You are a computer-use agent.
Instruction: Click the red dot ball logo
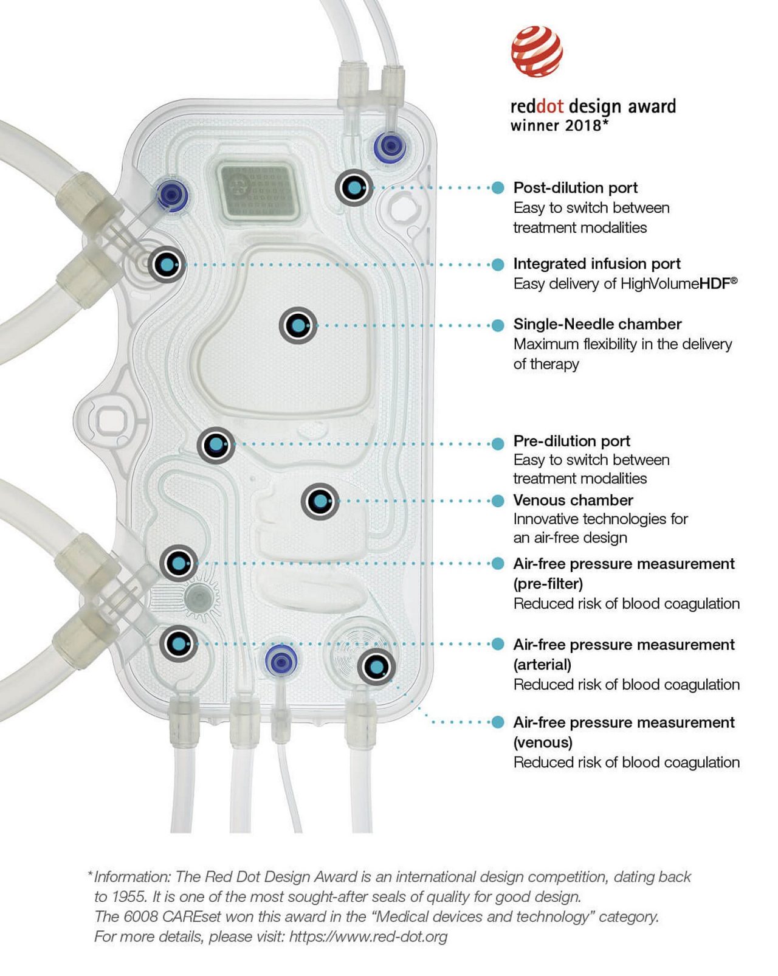pyautogui.click(x=536, y=51)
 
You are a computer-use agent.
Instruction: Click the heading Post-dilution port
pyautogui.click(x=575, y=187)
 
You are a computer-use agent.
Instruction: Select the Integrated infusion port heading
pyautogui.click(x=596, y=263)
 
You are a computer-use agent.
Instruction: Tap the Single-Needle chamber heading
pyautogui.click(x=597, y=324)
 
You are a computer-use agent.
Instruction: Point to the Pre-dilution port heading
pyautogui.click(x=571, y=440)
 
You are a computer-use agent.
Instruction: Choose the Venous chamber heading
pyautogui.click(x=573, y=500)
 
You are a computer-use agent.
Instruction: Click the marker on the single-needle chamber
pyautogui.click(x=298, y=325)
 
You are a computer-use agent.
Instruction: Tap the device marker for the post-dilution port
pyautogui.click(x=354, y=188)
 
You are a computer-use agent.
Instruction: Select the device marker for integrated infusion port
pyautogui.click(x=166, y=265)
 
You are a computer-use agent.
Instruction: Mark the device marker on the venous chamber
pyautogui.click(x=320, y=502)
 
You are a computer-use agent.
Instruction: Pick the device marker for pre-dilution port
pyautogui.click(x=216, y=445)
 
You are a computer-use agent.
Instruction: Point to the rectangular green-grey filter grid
pyautogui.click(x=258, y=190)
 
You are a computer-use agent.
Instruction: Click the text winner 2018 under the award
pyautogui.click(x=559, y=125)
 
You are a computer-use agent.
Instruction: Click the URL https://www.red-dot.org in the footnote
pyautogui.click(x=368, y=936)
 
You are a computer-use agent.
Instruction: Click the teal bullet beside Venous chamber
pyautogui.click(x=498, y=500)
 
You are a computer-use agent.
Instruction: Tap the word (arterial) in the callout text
pyautogui.click(x=542, y=664)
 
